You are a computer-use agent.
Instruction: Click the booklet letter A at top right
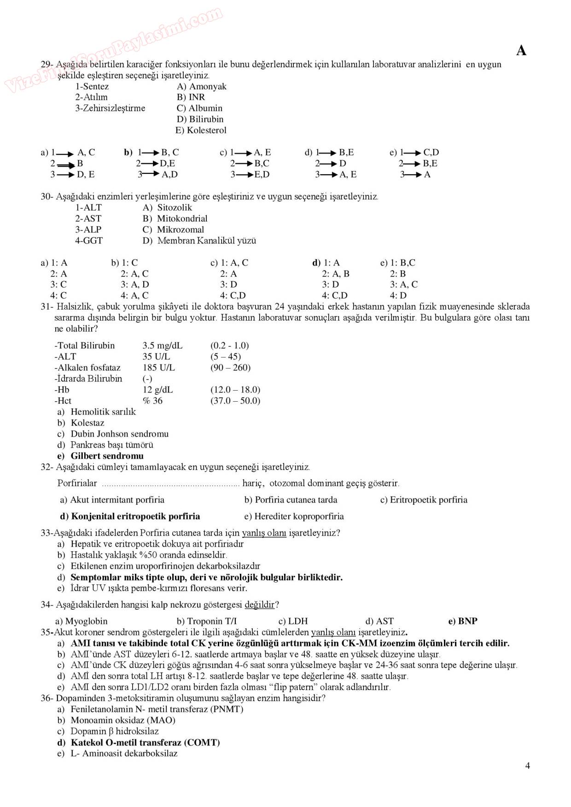[x=521, y=50]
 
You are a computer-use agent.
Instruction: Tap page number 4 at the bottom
[x=527, y=766]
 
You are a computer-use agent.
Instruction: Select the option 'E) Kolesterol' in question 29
[x=201, y=130]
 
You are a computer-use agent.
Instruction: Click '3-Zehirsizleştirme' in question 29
[x=110, y=108]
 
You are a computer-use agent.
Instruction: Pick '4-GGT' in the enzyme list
[x=89, y=241]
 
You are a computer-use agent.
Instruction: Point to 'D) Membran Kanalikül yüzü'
[x=199, y=241]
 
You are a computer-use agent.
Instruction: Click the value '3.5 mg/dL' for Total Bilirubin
[x=162, y=346]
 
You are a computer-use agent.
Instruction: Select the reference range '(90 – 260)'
[x=230, y=368]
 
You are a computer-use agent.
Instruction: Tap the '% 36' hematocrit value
[x=152, y=401]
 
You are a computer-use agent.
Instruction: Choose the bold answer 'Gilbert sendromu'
[x=107, y=456]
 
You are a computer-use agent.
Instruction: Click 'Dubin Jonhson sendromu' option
[x=119, y=434]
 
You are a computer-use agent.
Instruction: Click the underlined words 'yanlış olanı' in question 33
[x=264, y=533]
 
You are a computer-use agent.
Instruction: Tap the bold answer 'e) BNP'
[x=462, y=621]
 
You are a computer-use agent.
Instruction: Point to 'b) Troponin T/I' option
[x=206, y=621]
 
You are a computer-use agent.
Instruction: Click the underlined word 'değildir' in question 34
[x=259, y=605]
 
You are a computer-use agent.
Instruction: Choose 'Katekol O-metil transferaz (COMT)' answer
[x=145, y=743]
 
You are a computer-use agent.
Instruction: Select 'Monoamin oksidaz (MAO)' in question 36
[x=122, y=721]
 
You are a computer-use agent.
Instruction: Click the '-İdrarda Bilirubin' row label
[x=88, y=379]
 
